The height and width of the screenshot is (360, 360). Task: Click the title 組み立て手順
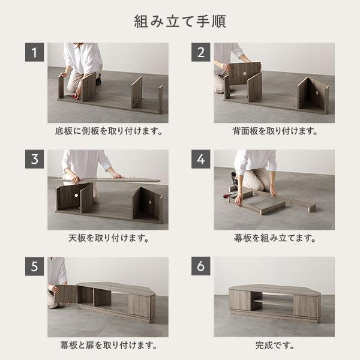tap(179, 22)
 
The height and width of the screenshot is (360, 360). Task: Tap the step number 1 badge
tap(35, 53)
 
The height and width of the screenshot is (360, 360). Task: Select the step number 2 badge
tap(201, 53)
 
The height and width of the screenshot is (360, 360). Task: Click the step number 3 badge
tap(35, 160)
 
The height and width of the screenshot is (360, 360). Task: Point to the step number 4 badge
tap(201, 160)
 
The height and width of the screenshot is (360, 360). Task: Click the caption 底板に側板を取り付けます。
tap(108, 131)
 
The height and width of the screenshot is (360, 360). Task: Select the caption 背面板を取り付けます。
tap(274, 131)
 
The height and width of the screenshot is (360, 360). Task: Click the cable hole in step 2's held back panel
tap(246, 73)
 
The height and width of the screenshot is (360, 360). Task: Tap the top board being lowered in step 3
tap(108, 179)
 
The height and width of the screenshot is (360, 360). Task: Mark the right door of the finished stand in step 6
tap(305, 305)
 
